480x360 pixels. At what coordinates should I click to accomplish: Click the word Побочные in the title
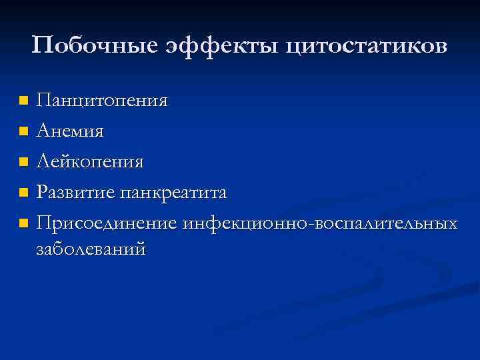pyautogui.click(x=91, y=46)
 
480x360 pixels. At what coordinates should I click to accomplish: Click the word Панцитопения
pyautogui.click(x=102, y=101)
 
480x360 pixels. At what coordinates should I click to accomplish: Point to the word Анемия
pyautogui.click(x=70, y=131)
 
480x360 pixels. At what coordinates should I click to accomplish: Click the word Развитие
pyautogui.click(x=76, y=193)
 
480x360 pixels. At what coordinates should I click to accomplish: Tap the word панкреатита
pyautogui.click(x=174, y=193)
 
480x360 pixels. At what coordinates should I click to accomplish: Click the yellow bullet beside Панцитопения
pyautogui.click(x=23, y=101)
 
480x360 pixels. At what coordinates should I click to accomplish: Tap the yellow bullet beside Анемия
pyautogui.click(x=23, y=131)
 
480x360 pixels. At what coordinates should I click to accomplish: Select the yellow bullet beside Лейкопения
pyautogui.click(x=23, y=162)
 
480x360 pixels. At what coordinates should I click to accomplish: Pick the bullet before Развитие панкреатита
pyautogui.click(x=23, y=193)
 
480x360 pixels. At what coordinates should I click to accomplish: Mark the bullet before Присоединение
pyautogui.click(x=23, y=223)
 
